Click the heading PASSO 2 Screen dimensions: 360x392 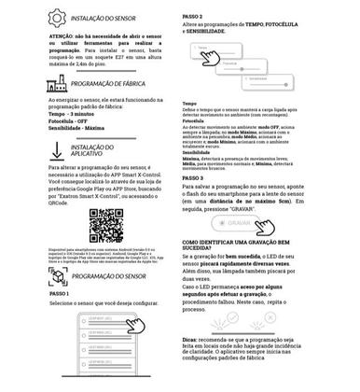(x=195, y=17)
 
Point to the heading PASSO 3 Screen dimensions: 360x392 (x=195, y=176)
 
